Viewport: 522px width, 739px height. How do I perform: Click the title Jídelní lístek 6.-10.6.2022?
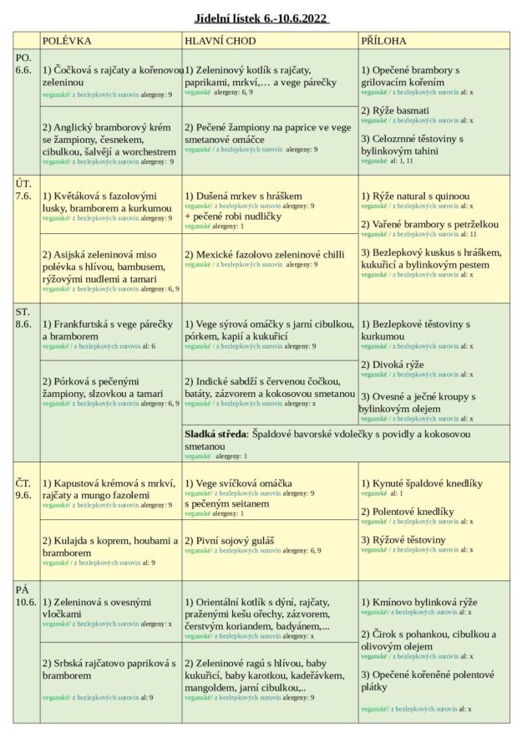click(261, 18)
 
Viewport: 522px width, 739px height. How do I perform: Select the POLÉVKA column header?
click(67, 40)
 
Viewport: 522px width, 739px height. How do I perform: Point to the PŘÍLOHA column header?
click(384, 40)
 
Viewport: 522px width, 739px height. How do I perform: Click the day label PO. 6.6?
click(24, 64)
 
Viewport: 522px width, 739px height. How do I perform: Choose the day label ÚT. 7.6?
click(24, 190)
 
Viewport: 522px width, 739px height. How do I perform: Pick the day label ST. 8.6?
click(24, 319)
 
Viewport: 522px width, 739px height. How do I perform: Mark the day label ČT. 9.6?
click(24, 489)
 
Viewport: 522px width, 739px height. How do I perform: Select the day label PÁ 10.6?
click(25, 596)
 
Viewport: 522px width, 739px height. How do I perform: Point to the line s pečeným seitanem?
click(228, 504)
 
